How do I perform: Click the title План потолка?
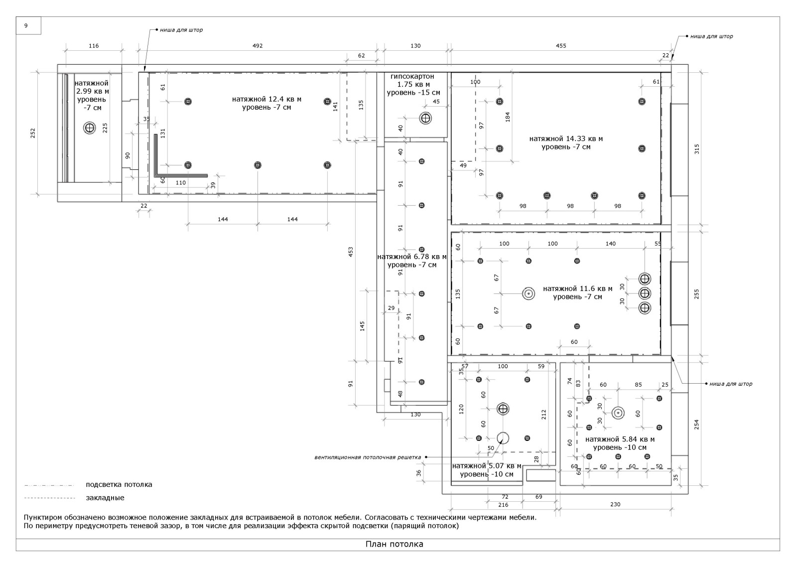tap(394, 544)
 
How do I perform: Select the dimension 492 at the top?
tap(257, 46)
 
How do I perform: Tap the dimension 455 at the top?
tap(561, 46)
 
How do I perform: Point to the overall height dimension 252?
tap(33, 133)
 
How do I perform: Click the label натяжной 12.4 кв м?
tap(266, 100)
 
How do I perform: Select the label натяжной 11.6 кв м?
tap(577, 288)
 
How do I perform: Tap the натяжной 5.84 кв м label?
tap(620, 439)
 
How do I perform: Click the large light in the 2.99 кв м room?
tap(90, 128)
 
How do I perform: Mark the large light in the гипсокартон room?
tap(425, 118)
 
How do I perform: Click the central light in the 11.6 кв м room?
tap(528, 293)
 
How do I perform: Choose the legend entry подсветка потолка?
tap(119, 484)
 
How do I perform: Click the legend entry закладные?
tap(105, 498)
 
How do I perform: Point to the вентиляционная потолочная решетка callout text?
tap(367, 457)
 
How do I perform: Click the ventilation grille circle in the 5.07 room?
tap(503, 438)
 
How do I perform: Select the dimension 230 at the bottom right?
tap(615, 504)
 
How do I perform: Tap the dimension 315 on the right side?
tap(697, 148)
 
